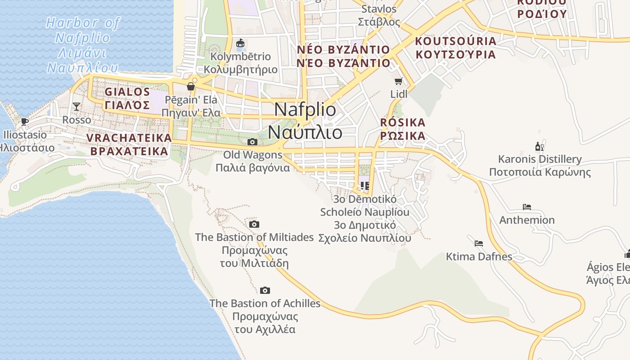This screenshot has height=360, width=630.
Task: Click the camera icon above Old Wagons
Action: click(252, 142)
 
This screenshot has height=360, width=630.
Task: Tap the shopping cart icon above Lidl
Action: click(398, 81)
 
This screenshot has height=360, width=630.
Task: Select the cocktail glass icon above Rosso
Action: click(76, 106)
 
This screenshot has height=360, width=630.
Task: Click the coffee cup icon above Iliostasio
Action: click(25, 121)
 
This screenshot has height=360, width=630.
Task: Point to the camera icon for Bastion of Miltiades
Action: click(254, 224)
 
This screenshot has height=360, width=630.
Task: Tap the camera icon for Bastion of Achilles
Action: click(265, 290)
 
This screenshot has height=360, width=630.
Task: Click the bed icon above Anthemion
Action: click(527, 207)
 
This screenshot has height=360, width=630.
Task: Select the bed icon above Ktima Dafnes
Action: click(479, 243)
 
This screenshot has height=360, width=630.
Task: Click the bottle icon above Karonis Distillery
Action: click(539, 146)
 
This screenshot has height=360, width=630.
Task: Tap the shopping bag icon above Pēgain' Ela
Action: click(191, 86)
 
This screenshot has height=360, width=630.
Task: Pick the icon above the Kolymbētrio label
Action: click(241, 44)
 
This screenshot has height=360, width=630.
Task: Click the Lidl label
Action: click(399, 94)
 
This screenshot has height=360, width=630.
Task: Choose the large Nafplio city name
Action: click(305, 121)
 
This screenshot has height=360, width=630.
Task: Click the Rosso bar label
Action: click(76, 120)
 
